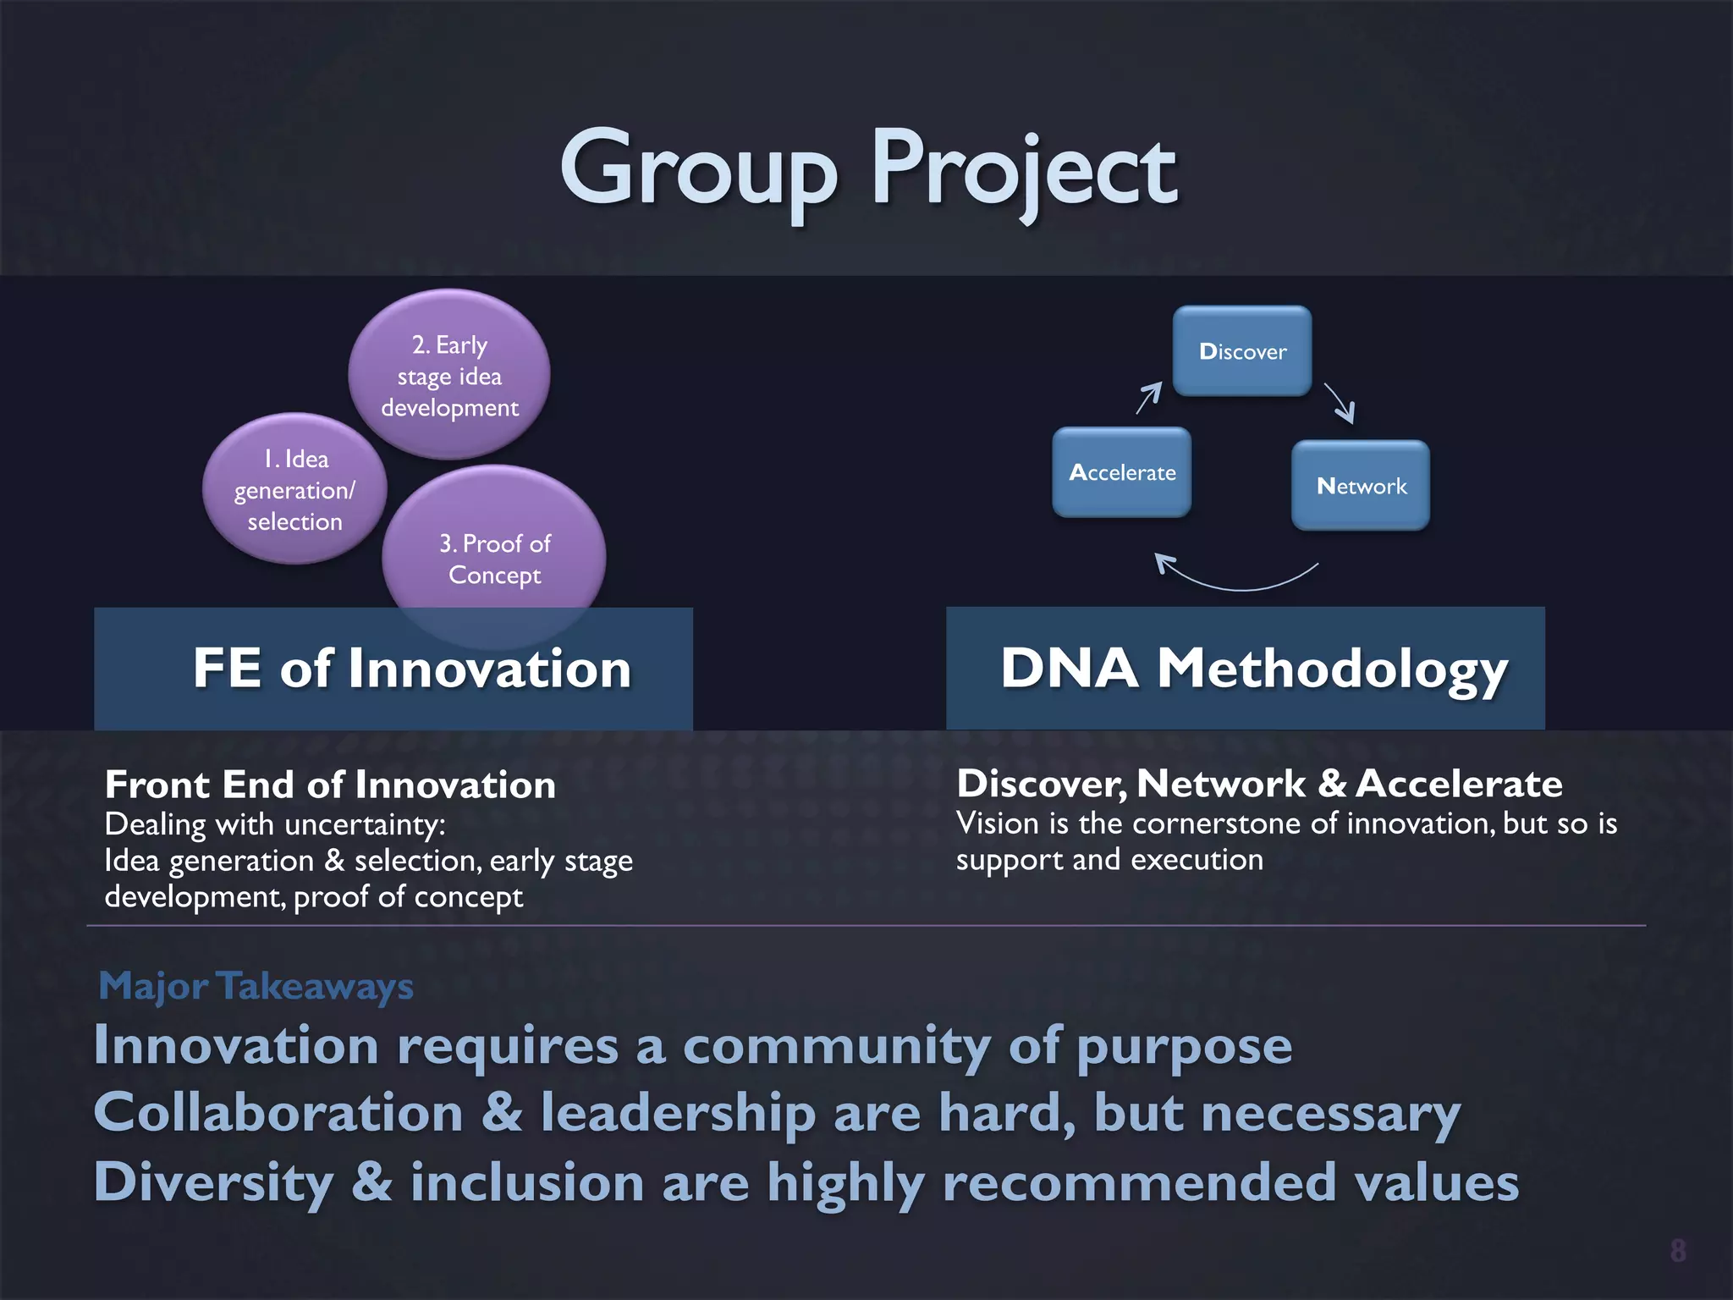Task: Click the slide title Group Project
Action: click(x=868, y=169)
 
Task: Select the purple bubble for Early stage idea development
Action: click(x=449, y=375)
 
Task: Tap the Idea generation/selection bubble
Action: click(x=294, y=490)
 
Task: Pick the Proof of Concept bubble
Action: click(x=494, y=559)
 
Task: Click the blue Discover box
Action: click(x=1242, y=351)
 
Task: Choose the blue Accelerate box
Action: click(x=1122, y=472)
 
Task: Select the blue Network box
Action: click(x=1361, y=486)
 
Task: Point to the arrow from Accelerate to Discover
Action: click(x=1149, y=397)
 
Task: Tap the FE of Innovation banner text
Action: click(x=412, y=669)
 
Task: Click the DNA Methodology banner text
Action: click(x=1254, y=669)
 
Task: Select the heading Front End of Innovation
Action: click(x=330, y=785)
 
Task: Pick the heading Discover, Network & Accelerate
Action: click(x=1259, y=783)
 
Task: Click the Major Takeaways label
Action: click(x=256, y=986)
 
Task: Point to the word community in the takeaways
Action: click(x=836, y=1046)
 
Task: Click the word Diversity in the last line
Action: click(x=213, y=1182)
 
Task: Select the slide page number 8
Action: click(x=1677, y=1250)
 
